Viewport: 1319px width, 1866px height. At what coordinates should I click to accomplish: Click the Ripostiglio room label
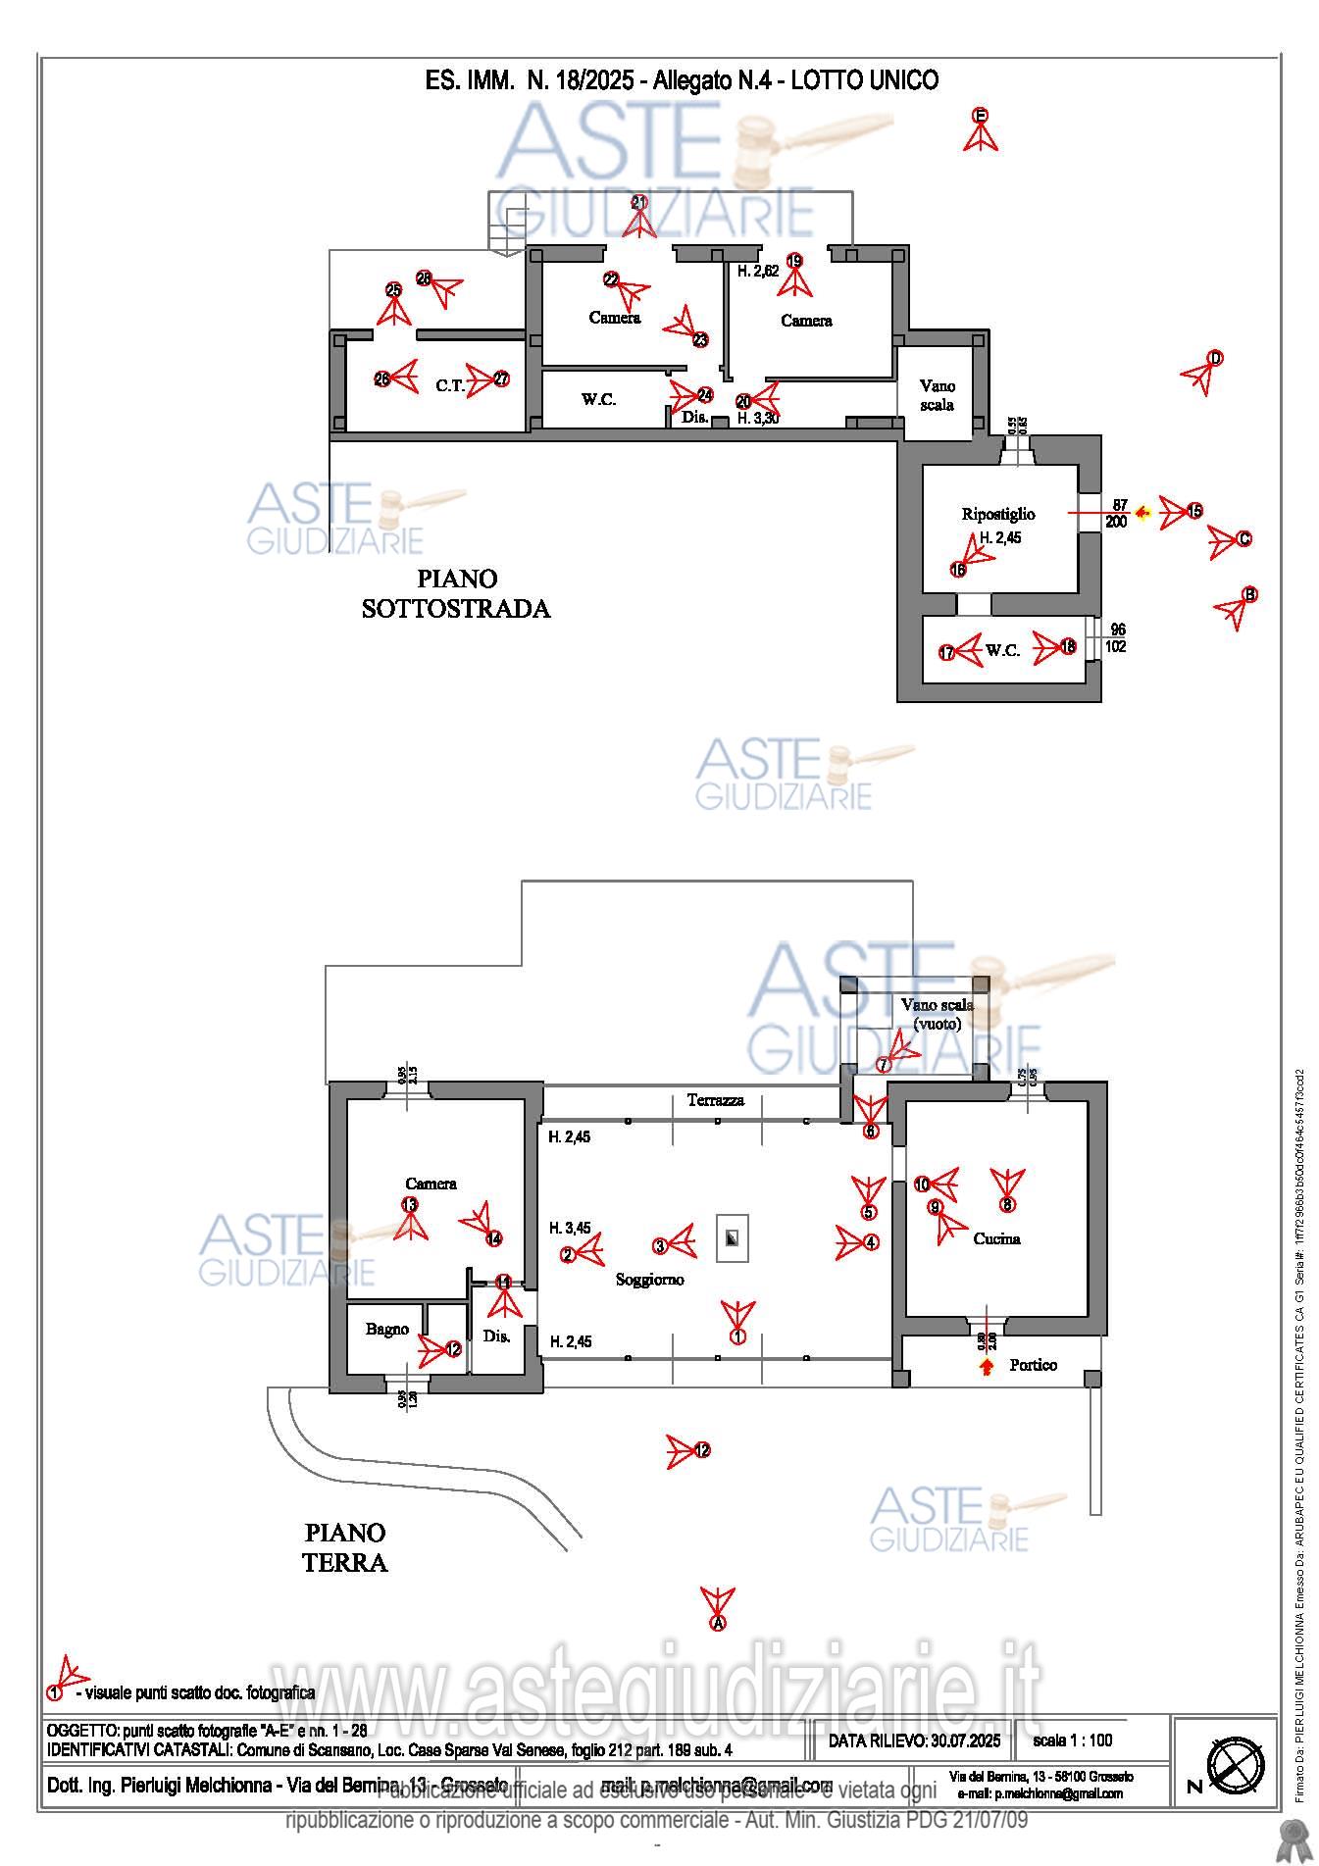tap(997, 514)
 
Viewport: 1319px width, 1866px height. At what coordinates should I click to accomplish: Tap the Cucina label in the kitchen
tap(996, 1238)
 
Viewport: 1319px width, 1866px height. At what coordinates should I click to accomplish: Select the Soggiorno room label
tap(649, 1279)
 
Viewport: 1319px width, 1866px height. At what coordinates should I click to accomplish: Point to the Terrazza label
tap(715, 1100)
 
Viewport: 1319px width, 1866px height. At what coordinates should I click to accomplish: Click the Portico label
tap(1033, 1365)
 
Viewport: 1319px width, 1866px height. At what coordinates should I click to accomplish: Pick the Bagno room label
tap(387, 1329)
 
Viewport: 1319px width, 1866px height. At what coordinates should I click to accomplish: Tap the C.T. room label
tap(450, 385)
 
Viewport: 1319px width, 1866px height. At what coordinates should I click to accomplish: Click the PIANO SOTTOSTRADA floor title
tap(456, 593)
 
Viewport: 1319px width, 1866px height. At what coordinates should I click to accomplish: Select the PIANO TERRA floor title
tap(344, 1546)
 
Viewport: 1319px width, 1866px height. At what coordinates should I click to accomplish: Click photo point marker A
tap(718, 1623)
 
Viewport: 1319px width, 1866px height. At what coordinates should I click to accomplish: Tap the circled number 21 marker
tap(639, 203)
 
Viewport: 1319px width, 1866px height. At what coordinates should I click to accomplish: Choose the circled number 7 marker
tap(884, 1064)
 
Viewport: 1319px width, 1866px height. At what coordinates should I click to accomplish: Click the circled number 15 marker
tap(1194, 511)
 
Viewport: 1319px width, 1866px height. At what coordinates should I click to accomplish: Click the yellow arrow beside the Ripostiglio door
tap(1141, 512)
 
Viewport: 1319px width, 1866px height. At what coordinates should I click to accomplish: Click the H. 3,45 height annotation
tap(569, 1228)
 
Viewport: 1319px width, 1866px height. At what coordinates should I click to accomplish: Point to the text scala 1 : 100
tap(1073, 1740)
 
